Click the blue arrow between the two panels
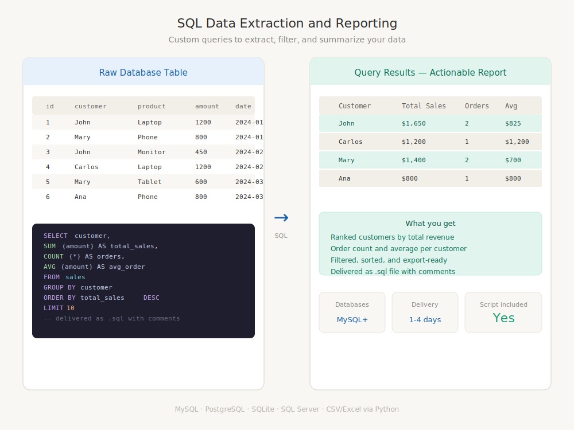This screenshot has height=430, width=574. (x=281, y=217)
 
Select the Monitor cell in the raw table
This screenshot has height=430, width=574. (x=152, y=152)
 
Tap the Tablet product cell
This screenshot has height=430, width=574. (x=149, y=182)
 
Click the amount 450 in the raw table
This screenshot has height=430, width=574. (x=201, y=152)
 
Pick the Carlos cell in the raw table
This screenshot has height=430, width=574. (x=87, y=167)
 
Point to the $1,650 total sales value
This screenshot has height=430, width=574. (x=414, y=124)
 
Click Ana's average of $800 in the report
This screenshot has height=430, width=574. (x=513, y=178)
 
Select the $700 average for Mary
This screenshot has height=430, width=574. (x=513, y=160)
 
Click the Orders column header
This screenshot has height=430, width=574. (x=476, y=106)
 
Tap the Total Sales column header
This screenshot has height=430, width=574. (x=424, y=106)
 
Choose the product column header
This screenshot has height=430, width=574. (x=152, y=107)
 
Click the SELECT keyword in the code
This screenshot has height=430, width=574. (x=56, y=236)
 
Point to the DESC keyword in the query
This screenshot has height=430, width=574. (x=151, y=298)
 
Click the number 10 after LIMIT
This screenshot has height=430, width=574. (x=70, y=308)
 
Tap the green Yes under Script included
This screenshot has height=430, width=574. (x=503, y=318)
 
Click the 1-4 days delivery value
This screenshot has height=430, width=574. (x=425, y=319)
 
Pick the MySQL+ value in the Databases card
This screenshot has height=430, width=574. (x=352, y=319)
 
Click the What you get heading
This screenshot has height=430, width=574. (x=430, y=224)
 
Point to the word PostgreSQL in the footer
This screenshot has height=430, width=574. (x=225, y=409)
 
